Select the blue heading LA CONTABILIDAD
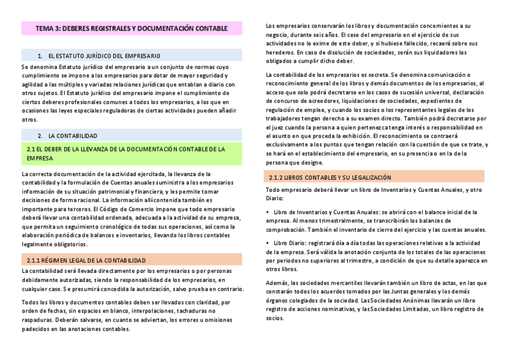click(x=73, y=136)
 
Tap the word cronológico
click(x=111, y=227)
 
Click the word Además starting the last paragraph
click(x=277, y=282)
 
